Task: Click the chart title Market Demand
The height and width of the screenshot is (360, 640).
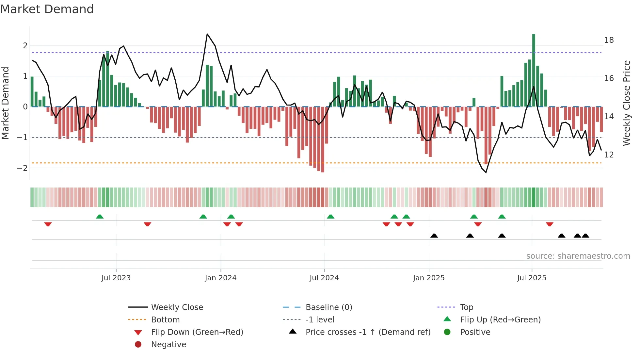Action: tap(47, 9)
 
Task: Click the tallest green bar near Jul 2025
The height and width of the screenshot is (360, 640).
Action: tap(534, 70)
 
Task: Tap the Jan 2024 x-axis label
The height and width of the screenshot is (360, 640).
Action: tap(220, 278)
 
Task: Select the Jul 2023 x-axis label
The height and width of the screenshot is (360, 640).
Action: tap(116, 278)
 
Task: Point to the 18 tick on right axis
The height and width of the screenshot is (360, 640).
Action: tap(609, 40)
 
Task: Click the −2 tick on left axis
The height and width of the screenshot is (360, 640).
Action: tap(23, 168)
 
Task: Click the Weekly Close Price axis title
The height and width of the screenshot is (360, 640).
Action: tap(626, 103)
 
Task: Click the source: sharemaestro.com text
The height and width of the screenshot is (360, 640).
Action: tap(578, 256)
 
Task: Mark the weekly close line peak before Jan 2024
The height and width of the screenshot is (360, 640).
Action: tap(207, 34)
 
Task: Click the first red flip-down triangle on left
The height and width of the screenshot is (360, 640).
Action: tap(48, 224)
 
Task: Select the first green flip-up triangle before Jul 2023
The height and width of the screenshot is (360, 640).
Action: tap(100, 217)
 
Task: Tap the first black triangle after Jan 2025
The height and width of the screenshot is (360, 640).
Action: tap(434, 236)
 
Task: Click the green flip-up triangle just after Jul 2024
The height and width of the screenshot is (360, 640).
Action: tap(330, 217)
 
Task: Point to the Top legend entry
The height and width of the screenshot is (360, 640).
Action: tap(466, 307)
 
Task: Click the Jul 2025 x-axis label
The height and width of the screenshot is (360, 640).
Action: tap(532, 278)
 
